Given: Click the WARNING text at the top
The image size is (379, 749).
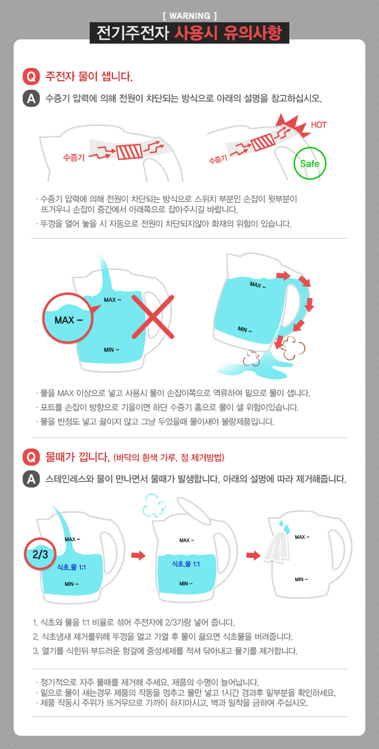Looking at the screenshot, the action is (189, 16).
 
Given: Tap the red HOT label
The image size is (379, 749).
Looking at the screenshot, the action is (318, 125).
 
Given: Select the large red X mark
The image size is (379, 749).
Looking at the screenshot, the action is (153, 317).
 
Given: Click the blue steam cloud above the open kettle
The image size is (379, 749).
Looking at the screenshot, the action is (154, 505).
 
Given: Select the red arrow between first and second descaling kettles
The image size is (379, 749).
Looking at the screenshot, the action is (138, 555).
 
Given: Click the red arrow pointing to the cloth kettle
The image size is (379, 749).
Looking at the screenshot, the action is (253, 555).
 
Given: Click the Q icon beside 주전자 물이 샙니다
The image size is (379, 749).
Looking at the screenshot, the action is (31, 77).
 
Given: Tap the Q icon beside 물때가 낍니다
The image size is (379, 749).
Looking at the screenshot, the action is (31, 457).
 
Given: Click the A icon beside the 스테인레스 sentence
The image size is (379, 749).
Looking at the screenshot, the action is (31, 479).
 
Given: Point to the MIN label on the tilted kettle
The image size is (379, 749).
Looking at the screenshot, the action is (245, 330).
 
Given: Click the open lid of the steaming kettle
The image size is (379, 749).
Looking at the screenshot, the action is (194, 510).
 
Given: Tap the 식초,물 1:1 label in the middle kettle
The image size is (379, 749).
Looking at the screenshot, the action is (186, 564).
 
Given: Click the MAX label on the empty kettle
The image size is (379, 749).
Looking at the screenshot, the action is (302, 537).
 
